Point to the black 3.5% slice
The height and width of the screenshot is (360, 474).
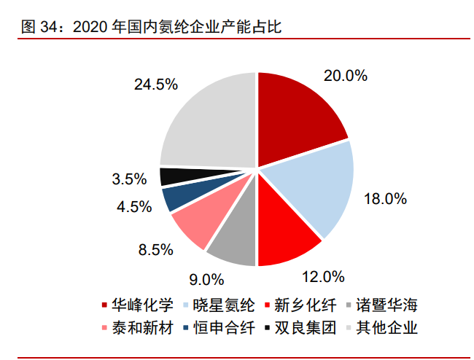point(171,176)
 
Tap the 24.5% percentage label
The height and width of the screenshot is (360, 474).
point(156,84)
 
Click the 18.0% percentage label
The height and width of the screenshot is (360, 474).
point(384,198)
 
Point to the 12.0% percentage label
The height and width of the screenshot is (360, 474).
point(322,276)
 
